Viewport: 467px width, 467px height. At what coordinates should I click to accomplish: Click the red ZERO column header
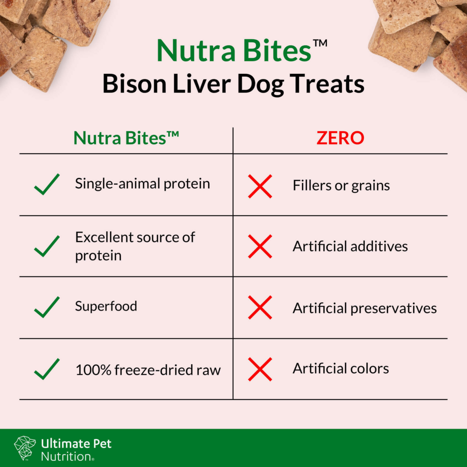point(340,138)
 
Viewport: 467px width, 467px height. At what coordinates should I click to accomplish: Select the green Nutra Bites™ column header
point(126,138)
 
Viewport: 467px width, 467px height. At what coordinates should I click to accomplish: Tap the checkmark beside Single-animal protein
point(47,184)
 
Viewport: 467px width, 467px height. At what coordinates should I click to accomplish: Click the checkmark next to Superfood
point(47,307)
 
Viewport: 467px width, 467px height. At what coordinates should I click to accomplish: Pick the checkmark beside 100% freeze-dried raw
point(47,369)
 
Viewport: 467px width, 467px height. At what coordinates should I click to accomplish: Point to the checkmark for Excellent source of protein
point(47,246)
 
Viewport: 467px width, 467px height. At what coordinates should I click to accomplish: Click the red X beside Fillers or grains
point(260,186)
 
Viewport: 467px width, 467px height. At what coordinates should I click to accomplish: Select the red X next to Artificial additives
point(260,247)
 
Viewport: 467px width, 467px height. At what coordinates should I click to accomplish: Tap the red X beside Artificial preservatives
point(260,308)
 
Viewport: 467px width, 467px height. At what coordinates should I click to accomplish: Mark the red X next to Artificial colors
point(260,369)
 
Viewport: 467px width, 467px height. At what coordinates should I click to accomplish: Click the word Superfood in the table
point(106,306)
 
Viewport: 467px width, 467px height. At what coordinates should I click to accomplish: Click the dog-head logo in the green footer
point(25,447)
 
